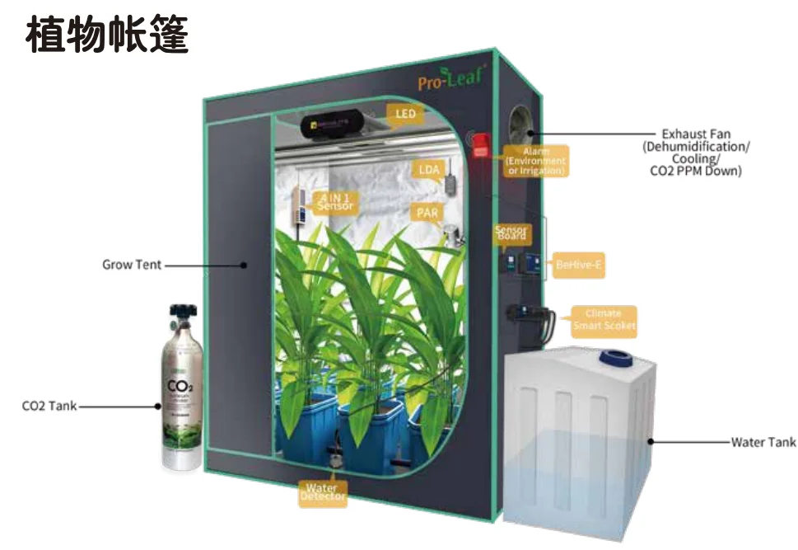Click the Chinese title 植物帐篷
click(108, 35)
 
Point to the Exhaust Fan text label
click(696, 134)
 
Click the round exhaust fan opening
click(520, 125)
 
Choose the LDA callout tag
click(429, 170)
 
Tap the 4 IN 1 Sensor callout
click(333, 200)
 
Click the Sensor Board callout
click(511, 233)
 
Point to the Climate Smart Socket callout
click(604, 320)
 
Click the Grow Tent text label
click(132, 265)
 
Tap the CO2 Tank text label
click(49, 406)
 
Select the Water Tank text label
click(763, 442)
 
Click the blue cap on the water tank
click(614, 357)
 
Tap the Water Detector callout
click(323, 492)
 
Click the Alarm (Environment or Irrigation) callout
click(535, 162)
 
